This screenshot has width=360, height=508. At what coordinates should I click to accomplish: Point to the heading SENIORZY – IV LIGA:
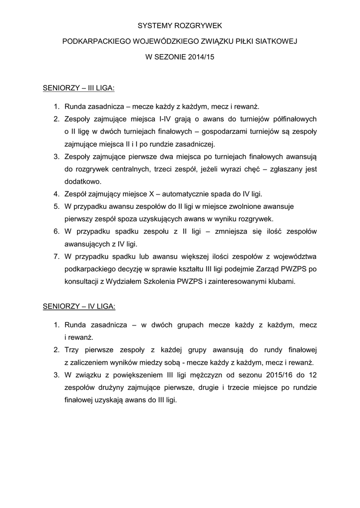(x=79, y=306)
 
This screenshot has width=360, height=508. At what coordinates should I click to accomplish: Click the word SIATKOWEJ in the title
(x=277, y=41)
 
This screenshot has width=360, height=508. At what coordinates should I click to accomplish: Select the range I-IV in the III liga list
(x=167, y=119)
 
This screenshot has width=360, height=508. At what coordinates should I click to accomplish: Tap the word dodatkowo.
(x=82, y=182)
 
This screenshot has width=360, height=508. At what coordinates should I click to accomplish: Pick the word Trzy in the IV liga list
(x=72, y=350)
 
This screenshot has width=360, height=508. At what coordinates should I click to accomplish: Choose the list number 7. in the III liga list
(x=56, y=256)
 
